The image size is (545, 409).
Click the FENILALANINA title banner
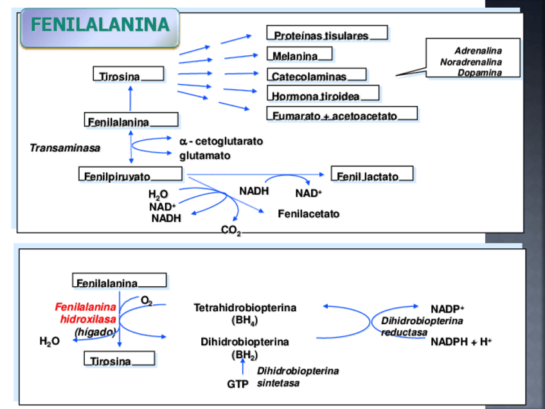[x=100, y=26]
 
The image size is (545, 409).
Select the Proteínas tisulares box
[x=326, y=33]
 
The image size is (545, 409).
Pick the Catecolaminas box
[x=317, y=75]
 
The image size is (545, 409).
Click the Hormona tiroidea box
[x=323, y=95]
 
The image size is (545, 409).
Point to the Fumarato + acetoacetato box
[x=341, y=114]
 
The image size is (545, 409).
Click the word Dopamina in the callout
[x=479, y=73]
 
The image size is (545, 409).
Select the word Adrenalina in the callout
[x=478, y=50]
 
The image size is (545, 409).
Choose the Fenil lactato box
[x=372, y=175]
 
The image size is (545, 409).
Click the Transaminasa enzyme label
[x=65, y=148]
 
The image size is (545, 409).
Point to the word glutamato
[x=204, y=155]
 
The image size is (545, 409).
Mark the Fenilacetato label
[x=308, y=214]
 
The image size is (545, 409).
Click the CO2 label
[x=231, y=230]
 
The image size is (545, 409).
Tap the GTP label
[x=237, y=384]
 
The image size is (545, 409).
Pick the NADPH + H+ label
[x=461, y=341]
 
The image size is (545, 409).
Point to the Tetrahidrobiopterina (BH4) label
[x=245, y=313]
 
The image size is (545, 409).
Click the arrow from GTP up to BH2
[x=243, y=367]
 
